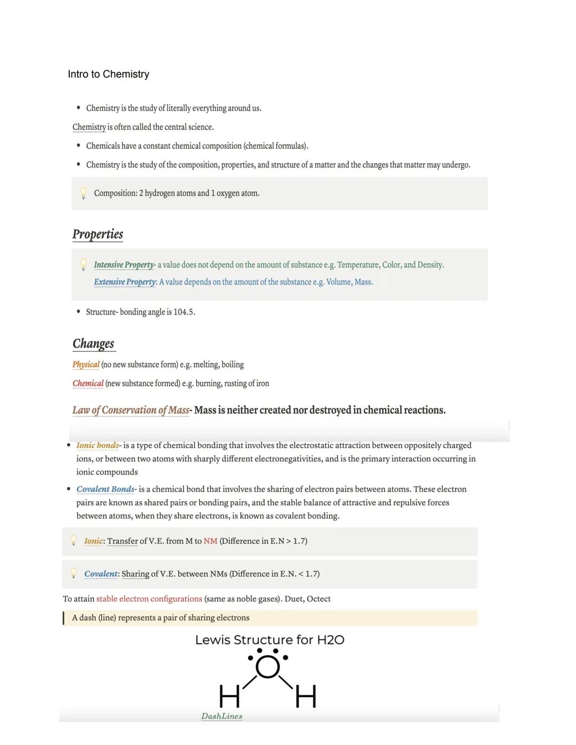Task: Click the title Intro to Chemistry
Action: tap(108, 74)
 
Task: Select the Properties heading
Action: tap(98, 234)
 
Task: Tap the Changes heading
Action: tap(93, 343)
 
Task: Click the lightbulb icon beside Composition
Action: tap(83, 193)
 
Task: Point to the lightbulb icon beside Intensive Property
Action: tap(83, 265)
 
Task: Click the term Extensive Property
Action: tap(125, 282)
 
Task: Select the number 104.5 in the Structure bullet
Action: tap(183, 312)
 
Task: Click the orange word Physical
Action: tap(86, 365)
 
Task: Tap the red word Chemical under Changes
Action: tap(88, 383)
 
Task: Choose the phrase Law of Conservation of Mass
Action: tap(131, 410)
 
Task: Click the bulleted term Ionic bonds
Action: tap(98, 445)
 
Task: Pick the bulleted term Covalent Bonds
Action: tap(105, 489)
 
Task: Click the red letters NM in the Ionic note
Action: tap(210, 541)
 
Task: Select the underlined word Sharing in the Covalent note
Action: tap(135, 574)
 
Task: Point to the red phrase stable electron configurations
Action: tap(149, 599)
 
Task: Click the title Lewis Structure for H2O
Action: tap(269, 640)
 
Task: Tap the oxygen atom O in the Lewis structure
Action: tap(268, 667)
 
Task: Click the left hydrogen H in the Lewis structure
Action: tap(229, 696)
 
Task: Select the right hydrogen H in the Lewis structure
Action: tap(306, 696)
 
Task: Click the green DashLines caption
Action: tap(221, 716)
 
